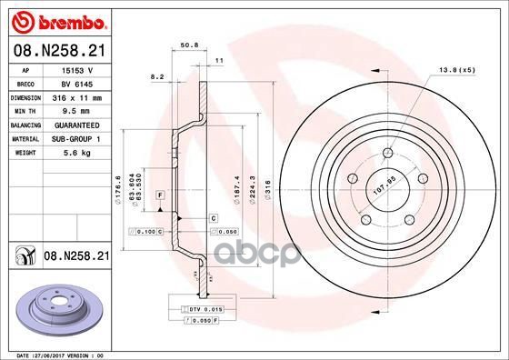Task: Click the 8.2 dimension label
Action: point(158,79)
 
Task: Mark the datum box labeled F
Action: point(160,195)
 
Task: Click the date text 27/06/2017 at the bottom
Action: point(57,354)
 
